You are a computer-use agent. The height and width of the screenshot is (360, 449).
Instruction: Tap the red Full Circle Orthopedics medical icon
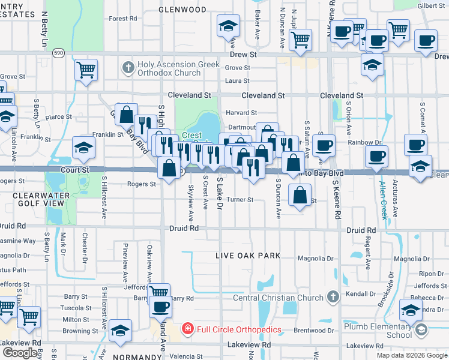(x=187, y=329)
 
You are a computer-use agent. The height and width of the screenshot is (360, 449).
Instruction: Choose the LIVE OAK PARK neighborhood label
(x=248, y=256)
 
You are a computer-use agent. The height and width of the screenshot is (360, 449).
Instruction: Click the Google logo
(x=19, y=353)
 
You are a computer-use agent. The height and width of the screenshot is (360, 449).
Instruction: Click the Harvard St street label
(x=241, y=112)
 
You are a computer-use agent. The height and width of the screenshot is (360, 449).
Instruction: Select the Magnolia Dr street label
(x=315, y=259)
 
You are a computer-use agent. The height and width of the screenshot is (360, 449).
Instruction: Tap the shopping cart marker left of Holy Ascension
(x=86, y=70)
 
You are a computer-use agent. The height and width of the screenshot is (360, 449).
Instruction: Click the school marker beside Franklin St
(x=83, y=148)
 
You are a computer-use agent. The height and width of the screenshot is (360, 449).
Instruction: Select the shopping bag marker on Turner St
(x=299, y=194)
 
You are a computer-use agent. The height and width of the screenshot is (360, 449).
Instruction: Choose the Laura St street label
(x=237, y=80)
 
